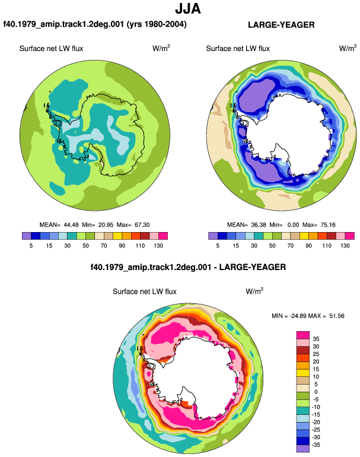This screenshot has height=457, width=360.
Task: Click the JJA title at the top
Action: click(188, 9)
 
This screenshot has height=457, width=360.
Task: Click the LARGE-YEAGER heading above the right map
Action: click(281, 25)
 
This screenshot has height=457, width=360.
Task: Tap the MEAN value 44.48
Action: click(71, 225)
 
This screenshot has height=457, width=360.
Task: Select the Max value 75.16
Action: click(327, 225)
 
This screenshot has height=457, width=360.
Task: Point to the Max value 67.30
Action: click(142, 225)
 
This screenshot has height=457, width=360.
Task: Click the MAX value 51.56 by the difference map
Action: click(337, 316)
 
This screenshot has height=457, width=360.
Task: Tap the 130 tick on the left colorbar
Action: click(158, 246)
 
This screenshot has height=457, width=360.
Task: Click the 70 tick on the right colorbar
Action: click(291, 246)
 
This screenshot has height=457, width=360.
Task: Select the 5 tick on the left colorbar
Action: click(31, 246)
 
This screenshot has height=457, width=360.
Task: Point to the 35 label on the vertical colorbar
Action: click(316, 339)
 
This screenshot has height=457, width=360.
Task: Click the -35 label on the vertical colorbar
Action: click(316, 445)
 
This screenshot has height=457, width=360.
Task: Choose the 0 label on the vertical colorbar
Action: click(316, 392)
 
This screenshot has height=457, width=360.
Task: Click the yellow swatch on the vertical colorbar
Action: click(303, 373)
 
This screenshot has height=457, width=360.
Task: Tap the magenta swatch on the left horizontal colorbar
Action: click(163, 236)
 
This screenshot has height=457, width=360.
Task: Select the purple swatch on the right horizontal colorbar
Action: click(213, 236)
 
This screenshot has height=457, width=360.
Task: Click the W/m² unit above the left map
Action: click(161, 48)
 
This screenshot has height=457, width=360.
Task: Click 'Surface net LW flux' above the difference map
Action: click(145, 291)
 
